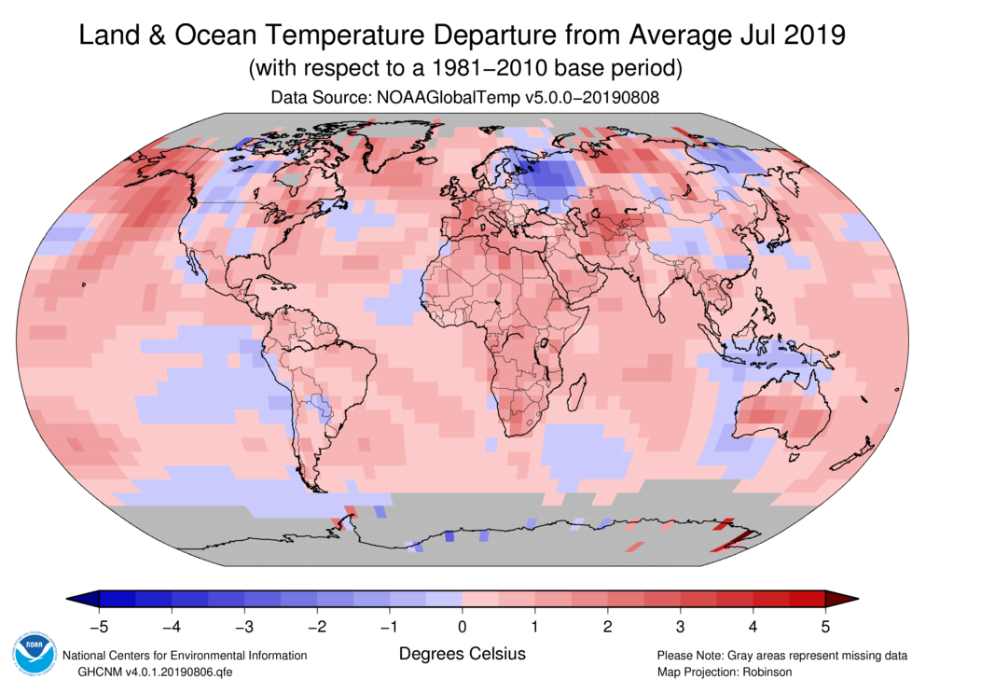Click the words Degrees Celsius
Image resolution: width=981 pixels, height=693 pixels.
pyautogui.click(x=463, y=654)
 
